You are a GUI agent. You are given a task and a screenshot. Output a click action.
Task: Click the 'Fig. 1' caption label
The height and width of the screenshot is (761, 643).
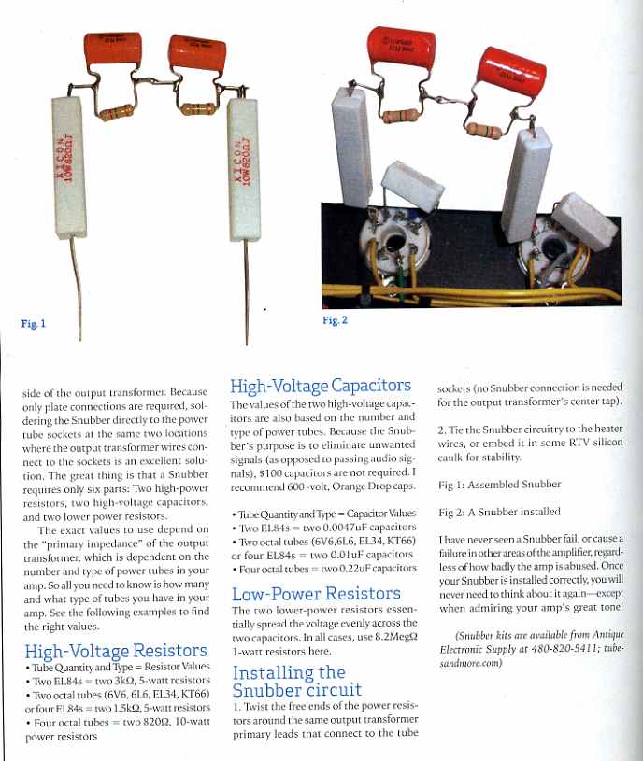point(32,324)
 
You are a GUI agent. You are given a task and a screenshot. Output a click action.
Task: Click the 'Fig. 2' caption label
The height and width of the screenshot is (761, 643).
point(335,320)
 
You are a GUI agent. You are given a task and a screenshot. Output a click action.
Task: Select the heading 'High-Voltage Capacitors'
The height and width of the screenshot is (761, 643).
point(320,386)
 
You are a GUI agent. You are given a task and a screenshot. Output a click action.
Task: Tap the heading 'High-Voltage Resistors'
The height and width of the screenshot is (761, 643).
point(116,651)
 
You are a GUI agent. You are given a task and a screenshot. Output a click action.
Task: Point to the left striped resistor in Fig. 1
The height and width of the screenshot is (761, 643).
point(116,113)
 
